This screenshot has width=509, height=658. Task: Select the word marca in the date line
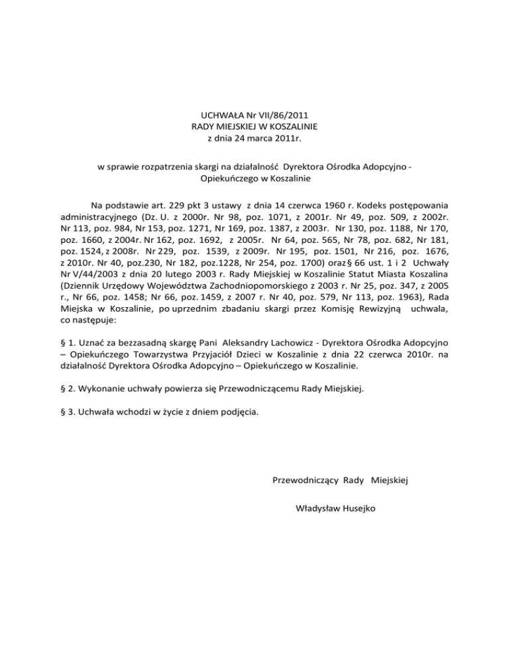point(259,138)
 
